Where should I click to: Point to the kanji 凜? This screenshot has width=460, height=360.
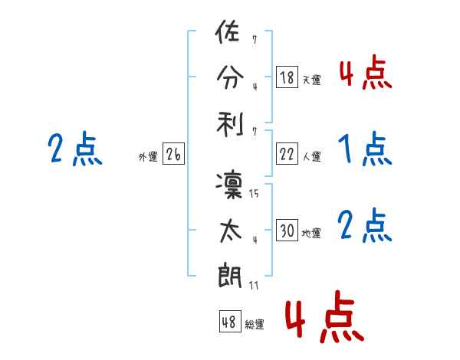(x=228, y=185)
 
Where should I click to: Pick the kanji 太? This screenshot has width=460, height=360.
(x=228, y=231)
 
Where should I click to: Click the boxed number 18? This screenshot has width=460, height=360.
(x=287, y=77)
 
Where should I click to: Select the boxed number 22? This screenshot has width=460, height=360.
(x=287, y=154)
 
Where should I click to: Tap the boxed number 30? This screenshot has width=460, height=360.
(x=287, y=231)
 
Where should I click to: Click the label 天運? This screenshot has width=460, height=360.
(x=310, y=80)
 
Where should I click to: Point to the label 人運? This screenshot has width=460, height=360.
(x=310, y=156)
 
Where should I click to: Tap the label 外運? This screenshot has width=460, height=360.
(x=148, y=156)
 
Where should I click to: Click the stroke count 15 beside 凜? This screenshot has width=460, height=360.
(x=254, y=194)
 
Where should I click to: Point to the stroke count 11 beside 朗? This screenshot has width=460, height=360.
(x=254, y=286)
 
